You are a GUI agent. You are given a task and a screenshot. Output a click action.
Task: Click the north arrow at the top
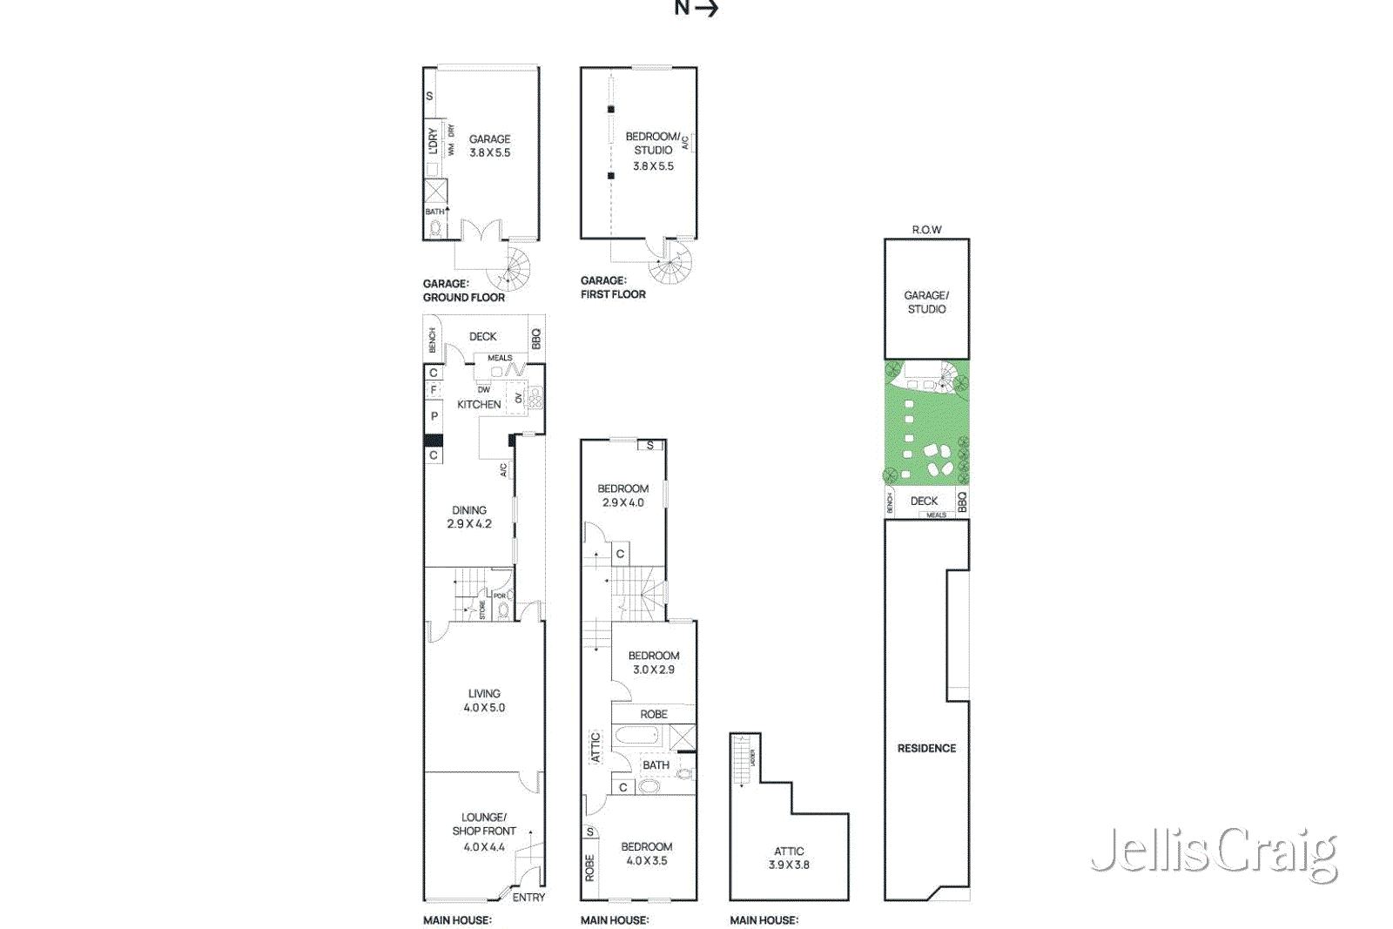696,9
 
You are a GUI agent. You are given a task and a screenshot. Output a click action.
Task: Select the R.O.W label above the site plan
926,230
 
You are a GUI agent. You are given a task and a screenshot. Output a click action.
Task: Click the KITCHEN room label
479,405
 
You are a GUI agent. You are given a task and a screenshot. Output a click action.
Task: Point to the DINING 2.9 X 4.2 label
469,517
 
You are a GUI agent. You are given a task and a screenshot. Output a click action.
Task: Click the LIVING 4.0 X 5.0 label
484,701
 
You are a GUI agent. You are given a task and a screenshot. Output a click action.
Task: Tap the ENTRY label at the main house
528,898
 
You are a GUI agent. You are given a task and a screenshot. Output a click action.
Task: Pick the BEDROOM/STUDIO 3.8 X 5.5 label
653,151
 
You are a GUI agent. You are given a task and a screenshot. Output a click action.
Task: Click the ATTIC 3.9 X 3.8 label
789,858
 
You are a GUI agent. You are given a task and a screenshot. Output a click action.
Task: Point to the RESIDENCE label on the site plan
926,748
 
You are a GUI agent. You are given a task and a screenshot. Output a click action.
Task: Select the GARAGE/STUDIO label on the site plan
926,302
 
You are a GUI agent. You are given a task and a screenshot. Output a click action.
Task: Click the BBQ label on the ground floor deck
536,338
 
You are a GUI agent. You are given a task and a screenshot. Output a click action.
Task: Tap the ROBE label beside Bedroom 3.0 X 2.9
654,714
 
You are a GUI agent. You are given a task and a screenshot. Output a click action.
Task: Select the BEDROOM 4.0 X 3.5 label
646,853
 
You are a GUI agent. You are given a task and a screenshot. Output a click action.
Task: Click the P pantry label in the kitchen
434,416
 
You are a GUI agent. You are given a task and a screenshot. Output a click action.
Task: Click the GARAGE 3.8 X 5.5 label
489,145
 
